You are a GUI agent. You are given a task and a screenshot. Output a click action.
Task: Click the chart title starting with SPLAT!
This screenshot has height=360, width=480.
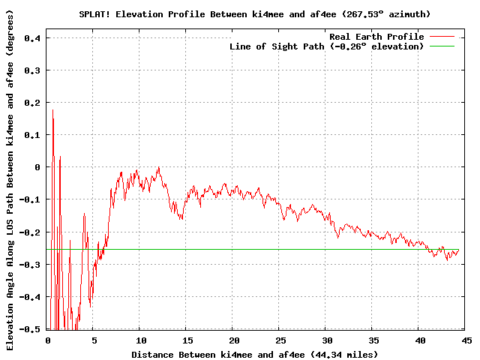coord(254,13)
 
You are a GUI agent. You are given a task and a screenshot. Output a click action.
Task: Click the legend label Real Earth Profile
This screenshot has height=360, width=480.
coord(376,37)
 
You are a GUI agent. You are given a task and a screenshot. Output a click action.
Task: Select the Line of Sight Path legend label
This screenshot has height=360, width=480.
coord(326,46)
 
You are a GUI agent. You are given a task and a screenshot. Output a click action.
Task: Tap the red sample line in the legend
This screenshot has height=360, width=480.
coord(442,37)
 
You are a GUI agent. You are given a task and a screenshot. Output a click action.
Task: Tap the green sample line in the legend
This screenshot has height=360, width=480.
coord(442,46)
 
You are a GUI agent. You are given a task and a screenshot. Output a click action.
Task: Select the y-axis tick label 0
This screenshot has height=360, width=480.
coord(38,167)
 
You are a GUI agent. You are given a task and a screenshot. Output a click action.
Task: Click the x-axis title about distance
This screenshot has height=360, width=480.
coord(254,354)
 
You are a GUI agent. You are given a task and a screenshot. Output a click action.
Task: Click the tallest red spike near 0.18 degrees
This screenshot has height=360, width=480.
coord(52,111)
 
